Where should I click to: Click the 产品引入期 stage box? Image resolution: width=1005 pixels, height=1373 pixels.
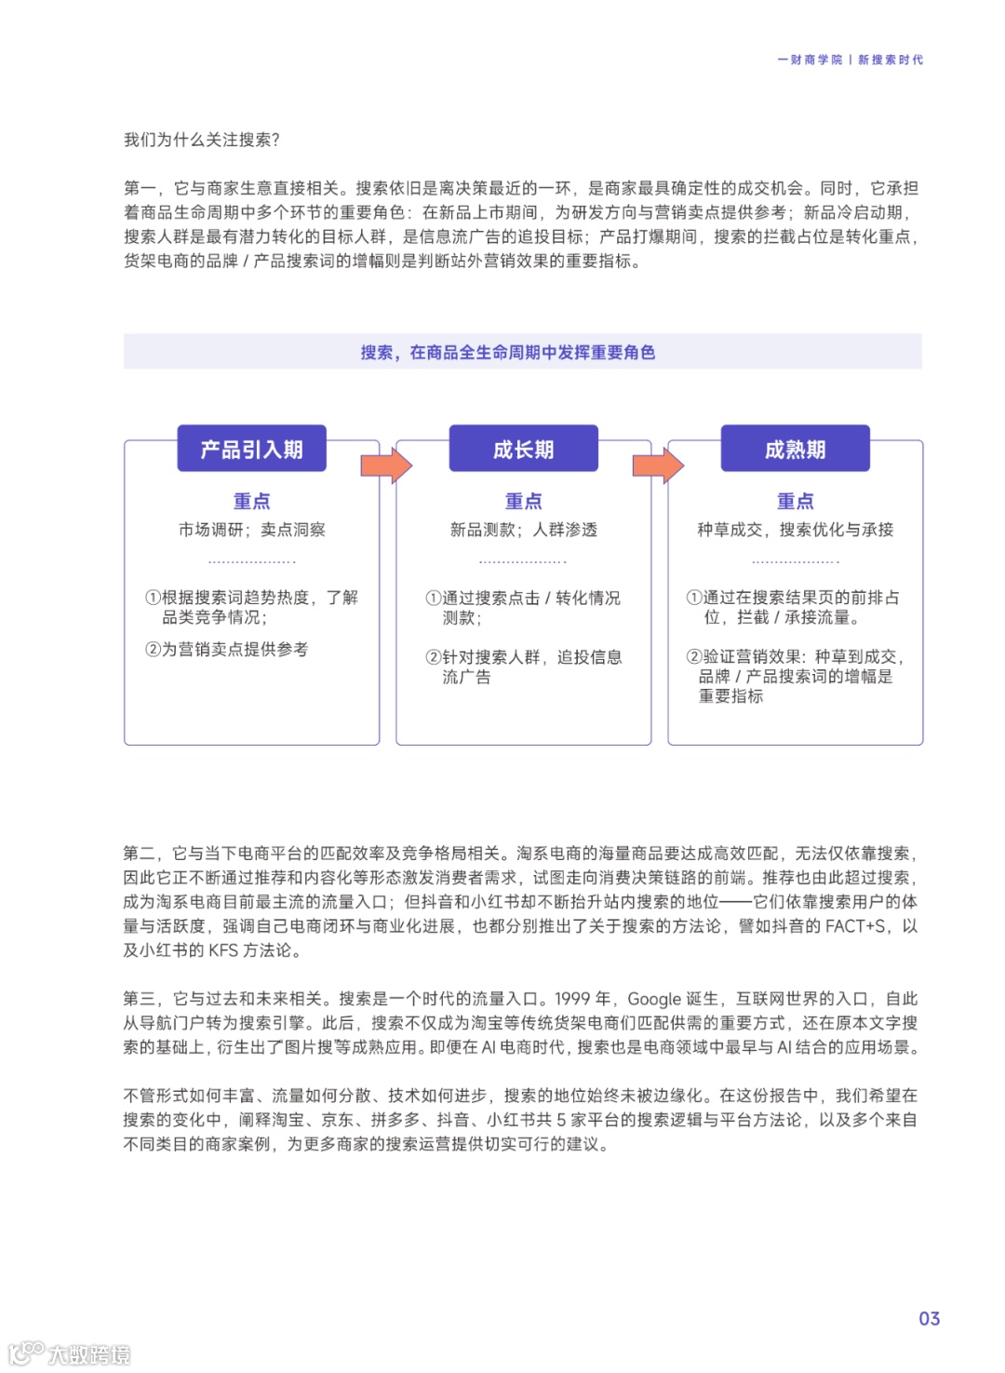point(251,450)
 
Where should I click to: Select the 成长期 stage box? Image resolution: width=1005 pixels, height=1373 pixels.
point(523,450)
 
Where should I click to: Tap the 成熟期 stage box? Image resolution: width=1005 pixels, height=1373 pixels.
point(795,450)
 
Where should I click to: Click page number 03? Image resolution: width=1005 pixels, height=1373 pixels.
point(929,1318)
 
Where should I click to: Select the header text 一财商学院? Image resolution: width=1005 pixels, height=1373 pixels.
point(810,60)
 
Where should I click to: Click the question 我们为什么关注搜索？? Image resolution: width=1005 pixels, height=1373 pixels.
point(202,140)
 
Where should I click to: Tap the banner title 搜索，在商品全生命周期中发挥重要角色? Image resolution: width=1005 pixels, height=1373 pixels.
point(508,352)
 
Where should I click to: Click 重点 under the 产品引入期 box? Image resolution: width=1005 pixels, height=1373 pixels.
point(251,501)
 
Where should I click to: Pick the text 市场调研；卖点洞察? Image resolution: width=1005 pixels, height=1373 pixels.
point(251,530)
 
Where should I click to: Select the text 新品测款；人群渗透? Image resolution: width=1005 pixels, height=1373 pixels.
point(523,530)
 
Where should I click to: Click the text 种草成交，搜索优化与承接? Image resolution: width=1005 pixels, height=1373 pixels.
point(795,530)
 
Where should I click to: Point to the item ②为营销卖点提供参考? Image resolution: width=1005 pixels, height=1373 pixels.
point(226,649)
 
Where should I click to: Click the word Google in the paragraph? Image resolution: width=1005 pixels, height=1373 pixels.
point(654,999)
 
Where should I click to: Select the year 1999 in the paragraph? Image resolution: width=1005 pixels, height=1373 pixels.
point(572,999)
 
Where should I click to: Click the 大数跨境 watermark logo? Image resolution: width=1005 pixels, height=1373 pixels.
point(70,1353)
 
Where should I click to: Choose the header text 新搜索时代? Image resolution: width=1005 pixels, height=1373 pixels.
point(891,60)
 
